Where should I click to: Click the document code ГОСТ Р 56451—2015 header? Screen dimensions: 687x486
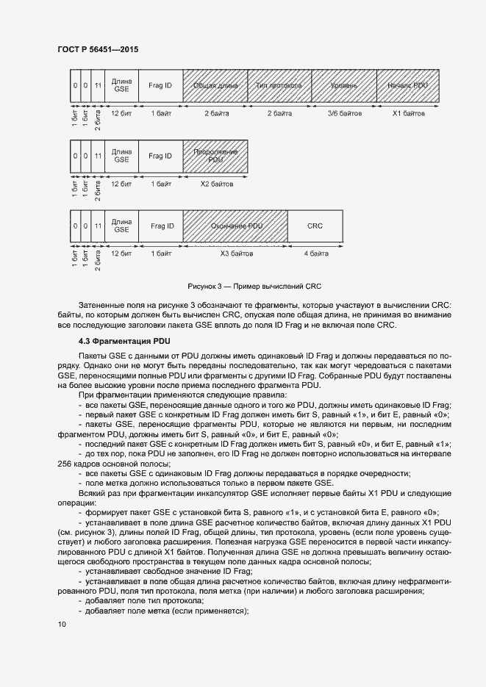(97, 50)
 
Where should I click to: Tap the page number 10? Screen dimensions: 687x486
(62, 624)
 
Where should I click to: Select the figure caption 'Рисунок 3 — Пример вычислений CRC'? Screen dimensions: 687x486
(256, 285)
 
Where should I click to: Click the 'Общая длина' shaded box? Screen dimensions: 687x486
(215, 86)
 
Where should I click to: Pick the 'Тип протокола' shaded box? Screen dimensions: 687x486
(279, 86)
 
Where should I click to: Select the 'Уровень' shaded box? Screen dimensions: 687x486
(344, 86)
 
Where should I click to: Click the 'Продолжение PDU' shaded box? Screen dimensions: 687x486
(215, 156)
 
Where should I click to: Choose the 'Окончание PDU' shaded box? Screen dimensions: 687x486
(235, 226)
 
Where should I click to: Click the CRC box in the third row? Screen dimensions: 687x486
(315, 226)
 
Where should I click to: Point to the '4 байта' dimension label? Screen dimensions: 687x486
(315, 253)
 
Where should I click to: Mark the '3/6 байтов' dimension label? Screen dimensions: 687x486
(344, 114)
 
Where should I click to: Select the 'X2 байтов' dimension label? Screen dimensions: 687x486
(215, 184)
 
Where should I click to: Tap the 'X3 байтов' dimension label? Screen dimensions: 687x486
(235, 253)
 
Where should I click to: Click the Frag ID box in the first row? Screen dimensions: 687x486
(160, 86)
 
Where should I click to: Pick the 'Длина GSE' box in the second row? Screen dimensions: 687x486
(121, 156)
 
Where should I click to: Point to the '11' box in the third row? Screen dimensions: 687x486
(98, 226)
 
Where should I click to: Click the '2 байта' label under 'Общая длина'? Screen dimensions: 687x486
(215, 114)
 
